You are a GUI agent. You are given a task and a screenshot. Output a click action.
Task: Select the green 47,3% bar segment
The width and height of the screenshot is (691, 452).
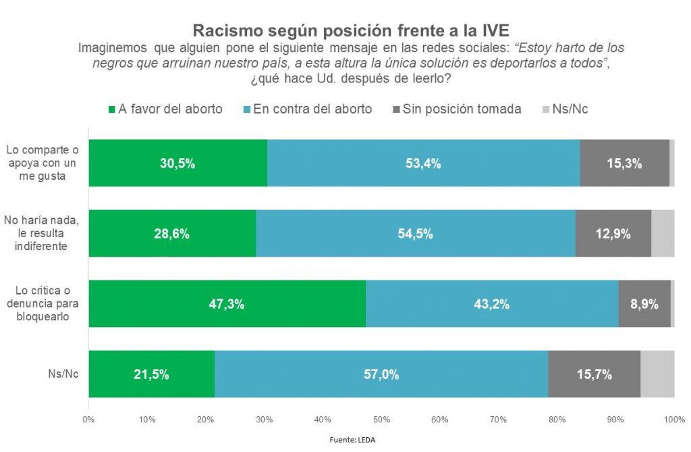227,303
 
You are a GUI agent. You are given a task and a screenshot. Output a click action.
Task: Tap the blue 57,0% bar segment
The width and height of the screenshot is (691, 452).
381,374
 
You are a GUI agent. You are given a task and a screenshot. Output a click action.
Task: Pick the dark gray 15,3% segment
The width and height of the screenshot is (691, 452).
624,163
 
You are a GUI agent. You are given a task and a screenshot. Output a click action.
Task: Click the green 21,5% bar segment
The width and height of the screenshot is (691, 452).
151,374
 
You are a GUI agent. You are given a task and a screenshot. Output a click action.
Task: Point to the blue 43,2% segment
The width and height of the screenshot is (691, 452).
492,303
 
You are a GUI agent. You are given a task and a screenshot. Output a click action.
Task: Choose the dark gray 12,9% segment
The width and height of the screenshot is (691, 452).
613,233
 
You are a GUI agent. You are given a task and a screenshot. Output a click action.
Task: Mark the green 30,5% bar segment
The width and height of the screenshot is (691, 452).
177,163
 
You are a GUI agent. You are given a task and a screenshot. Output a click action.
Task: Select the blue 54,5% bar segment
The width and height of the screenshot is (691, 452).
416,233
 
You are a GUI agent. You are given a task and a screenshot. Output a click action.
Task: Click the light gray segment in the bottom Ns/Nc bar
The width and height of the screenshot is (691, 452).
657,374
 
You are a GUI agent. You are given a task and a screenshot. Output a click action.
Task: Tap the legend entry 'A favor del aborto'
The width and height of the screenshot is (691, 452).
165,109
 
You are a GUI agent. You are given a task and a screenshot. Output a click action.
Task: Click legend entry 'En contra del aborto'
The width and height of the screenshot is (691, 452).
306,109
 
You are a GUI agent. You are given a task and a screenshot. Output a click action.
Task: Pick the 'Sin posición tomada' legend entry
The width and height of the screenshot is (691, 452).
457,109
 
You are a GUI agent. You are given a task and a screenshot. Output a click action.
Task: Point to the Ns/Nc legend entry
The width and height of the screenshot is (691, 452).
565,109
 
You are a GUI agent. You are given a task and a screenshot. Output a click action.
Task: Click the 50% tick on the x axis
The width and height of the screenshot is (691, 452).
381,420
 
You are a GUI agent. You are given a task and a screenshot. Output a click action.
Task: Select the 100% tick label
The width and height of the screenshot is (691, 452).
673,420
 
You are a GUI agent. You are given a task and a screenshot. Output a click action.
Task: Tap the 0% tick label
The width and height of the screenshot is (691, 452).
88,420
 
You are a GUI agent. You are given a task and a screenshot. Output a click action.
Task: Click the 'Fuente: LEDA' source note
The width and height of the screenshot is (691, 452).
352,440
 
